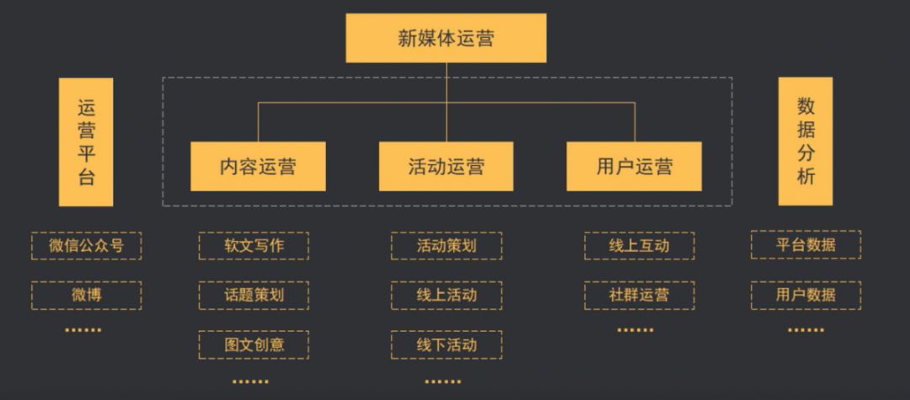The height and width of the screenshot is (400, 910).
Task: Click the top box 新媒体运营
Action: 446,38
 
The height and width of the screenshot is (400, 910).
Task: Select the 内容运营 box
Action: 258,166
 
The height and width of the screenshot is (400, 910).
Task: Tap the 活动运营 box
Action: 446,166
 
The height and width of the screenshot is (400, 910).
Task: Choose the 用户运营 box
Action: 634,166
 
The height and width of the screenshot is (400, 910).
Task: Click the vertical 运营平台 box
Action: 86,141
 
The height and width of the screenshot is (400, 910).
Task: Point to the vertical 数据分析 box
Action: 805,141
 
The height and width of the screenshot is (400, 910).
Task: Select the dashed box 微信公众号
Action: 86,246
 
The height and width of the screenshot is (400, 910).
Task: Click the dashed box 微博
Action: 86,295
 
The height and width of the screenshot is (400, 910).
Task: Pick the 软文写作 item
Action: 254,246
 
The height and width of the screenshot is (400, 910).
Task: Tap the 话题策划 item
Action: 254,295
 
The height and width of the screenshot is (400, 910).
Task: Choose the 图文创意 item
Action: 254,344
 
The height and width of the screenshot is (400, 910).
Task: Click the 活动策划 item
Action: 446,246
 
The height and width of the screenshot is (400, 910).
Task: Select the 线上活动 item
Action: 446,295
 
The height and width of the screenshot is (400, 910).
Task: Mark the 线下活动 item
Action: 446,344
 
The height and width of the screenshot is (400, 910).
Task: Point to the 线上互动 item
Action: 639,246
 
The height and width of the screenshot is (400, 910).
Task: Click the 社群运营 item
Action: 639,295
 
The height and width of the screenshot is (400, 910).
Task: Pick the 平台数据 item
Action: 806,245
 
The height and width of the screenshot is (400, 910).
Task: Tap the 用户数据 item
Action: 806,295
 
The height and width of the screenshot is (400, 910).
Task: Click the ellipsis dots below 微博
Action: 83,330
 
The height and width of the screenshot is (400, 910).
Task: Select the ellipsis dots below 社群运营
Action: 635,330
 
